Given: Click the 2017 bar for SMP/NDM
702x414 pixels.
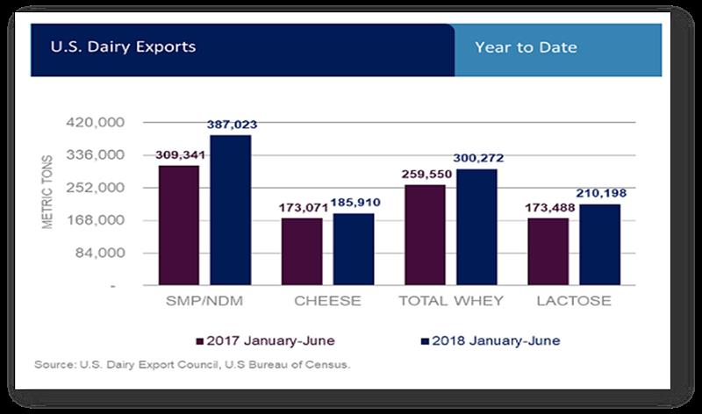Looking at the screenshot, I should (x=179, y=225).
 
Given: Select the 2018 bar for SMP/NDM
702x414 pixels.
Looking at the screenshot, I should (x=231, y=211).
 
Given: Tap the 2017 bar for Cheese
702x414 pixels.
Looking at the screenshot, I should (x=302, y=252).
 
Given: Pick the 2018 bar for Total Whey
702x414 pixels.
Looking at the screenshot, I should (x=476, y=227).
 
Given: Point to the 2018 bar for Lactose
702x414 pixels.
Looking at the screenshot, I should (x=599, y=245).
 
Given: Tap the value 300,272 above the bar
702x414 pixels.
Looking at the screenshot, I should (x=476, y=159).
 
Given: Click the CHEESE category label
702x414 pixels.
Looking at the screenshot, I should (x=328, y=301).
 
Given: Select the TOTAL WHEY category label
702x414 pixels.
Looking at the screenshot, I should (x=451, y=301).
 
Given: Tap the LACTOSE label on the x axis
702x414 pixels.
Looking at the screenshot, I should (x=574, y=301).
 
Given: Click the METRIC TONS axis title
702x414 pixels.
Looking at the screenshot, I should (x=49, y=192).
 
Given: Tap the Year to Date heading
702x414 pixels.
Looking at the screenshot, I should (x=526, y=47).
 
